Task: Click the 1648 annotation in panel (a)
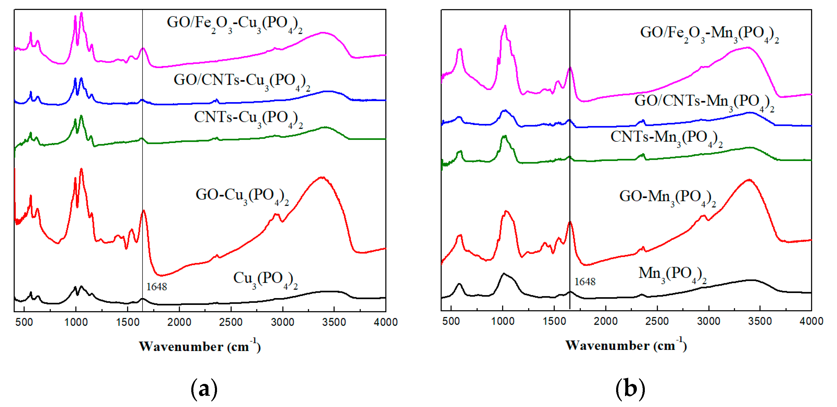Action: click(x=156, y=287)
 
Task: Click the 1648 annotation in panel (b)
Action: click(x=585, y=281)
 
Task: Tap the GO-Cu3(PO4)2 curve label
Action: click(x=242, y=196)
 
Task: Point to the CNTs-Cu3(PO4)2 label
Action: click(x=248, y=119)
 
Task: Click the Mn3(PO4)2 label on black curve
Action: click(x=672, y=275)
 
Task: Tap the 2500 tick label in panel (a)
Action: click(x=231, y=322)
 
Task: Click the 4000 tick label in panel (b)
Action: click(x=811, y=321)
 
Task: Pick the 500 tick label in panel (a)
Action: click(x=24, y=322)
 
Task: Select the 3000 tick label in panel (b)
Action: click(x=708, y=321)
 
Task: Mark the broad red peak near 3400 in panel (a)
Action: click(x=322, y=177)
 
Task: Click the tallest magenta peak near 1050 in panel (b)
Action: click(x=505, y=26)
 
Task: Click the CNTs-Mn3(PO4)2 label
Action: click(x=666, y=138)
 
